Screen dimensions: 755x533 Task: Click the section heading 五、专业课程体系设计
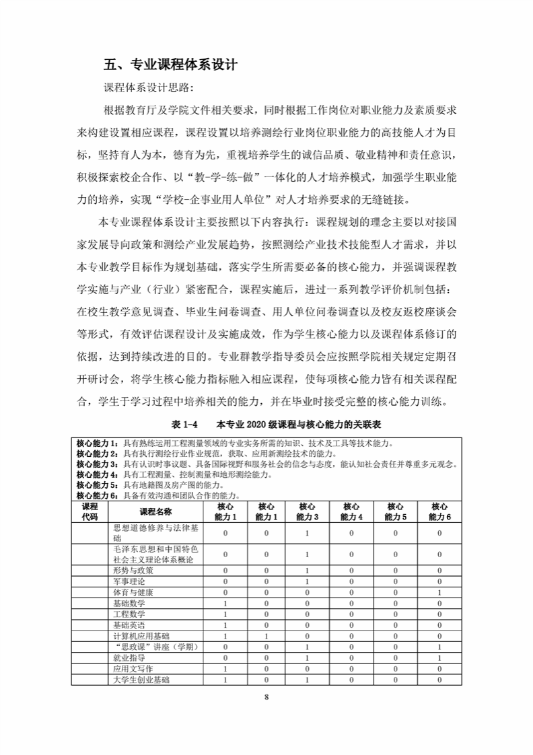pyautogui.click(x=171, y=66)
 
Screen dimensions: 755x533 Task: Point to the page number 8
pyautogui.click(x=266, y=696)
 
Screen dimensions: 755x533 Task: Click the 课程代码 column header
pyautogui.click(x=90, y=511)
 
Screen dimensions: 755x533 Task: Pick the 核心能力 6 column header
pyautogui.click(x=439, y=511)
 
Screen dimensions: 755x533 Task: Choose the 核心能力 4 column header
pyautogui.click(x=351, y=511)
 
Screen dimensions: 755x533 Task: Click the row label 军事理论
pyautogui.click(x=129, y=581)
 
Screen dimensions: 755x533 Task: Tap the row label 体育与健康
pyautogui.click(x=133, y=592)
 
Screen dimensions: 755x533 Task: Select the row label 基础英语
pyautogui.click(x=129, y=624)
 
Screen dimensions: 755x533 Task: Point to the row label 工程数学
pyautogui.click(x=129, y=614)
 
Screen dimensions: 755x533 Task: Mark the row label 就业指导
pyautogui.click(x=129, y=657)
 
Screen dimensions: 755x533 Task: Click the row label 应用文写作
pyautogui.click(x=133, y=669)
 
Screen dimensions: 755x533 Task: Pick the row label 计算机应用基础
pyautogui.click(x=141, y=635)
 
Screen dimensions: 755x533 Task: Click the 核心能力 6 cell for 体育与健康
pyautogui.click(x=439, y=592)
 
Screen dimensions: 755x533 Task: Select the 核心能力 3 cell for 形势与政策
pyautogui.click(x=307, y=570)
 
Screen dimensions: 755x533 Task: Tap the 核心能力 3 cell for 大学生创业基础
pyautogui.click(x=307, y=680)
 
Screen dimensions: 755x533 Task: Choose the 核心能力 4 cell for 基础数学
pyautogui.click(x=351, y=603)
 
